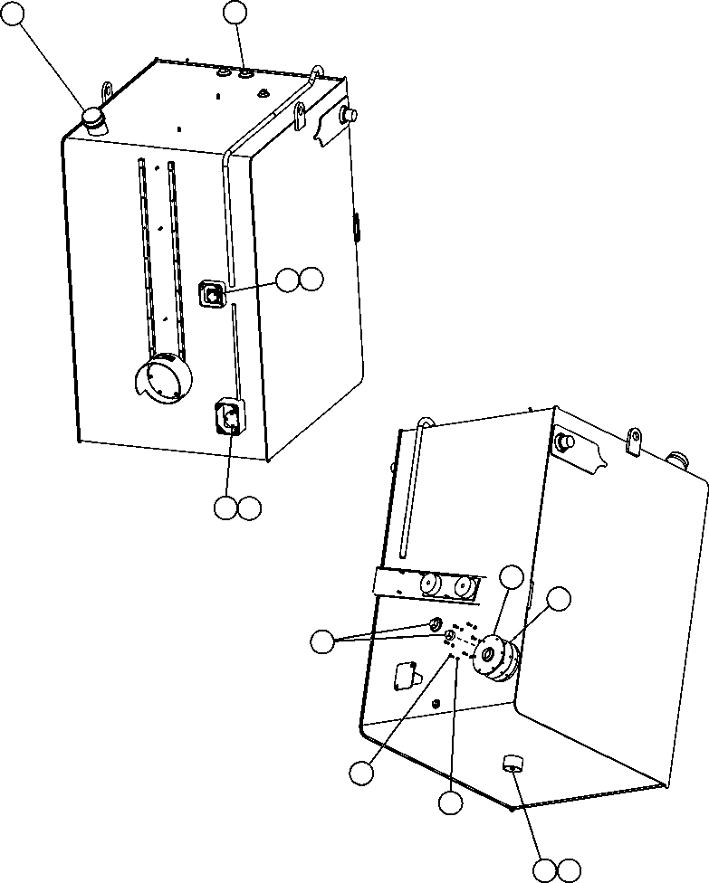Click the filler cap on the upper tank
(93, 118)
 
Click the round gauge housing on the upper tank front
(165, 378)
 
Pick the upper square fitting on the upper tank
(211, 293)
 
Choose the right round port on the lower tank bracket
(465, 587)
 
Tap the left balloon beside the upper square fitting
(287, 280)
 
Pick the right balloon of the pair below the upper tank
(249, 508)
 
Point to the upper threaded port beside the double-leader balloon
(436, 624)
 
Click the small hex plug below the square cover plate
(437, 703)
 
